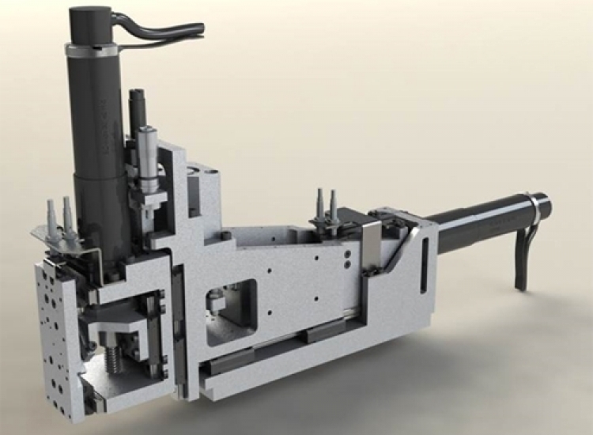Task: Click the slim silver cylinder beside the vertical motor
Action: (x=148, y=158)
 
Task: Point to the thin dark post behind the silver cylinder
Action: (x=135, y=111)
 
